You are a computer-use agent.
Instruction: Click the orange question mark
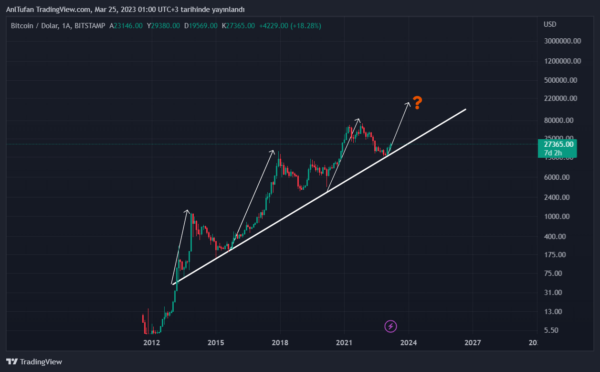pos(417,102)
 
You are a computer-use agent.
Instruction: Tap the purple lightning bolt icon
pos(390,327)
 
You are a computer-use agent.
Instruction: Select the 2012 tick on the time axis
pos(151,343)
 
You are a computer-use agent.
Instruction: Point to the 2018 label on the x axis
pos(280,343)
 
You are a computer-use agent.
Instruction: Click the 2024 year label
pos(409,343)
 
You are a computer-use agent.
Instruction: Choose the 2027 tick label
pos(473,343)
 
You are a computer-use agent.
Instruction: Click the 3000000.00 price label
pos(562,41)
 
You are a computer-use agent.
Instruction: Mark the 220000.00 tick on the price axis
pos(560,98)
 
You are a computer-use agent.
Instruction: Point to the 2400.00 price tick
pos(557,197)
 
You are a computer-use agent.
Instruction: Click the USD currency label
pos(550,24)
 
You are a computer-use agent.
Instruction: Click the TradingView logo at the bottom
pos(34,362)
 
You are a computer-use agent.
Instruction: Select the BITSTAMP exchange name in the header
pos(90,26)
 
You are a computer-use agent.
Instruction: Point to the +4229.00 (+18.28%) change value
pos(290,26)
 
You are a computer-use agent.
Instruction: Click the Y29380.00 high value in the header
pos(163,26)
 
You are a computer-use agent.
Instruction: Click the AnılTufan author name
pos(22,10)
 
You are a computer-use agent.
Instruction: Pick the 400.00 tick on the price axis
pos(555,236)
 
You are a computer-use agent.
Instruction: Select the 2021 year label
pos(344,343)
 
